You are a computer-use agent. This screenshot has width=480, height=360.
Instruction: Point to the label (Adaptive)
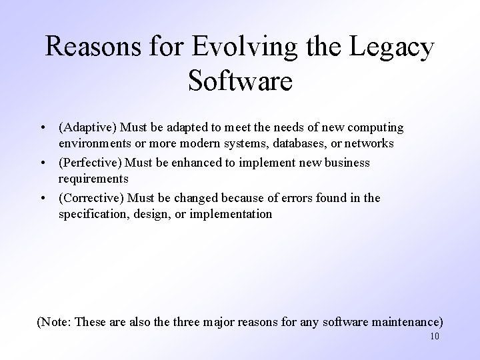[87, 127]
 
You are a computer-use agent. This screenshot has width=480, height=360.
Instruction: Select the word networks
[366, 143]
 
